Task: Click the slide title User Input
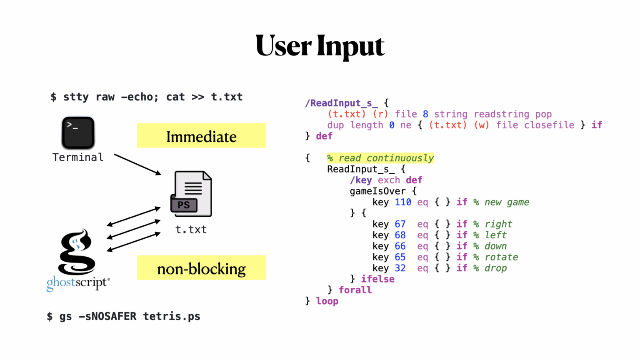pos(320,46)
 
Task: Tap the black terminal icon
pos(78,133)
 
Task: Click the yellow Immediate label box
pos(201,136)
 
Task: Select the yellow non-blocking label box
pos(201,268)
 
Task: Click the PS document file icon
pos(191,194)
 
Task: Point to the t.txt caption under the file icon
pos(191,230)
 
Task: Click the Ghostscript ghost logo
pos(77,252)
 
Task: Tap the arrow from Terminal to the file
pos(137,165)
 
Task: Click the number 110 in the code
pos(403,202)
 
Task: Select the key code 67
pos(400,224)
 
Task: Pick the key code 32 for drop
pos(400,268)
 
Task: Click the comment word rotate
pos(501,257)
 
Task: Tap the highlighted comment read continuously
pos(380,158)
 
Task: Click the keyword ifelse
pos(377,279)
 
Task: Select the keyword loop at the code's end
pos(327,301)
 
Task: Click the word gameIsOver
pos(377,191)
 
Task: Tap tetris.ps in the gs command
pos(172,317)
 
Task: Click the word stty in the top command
pos(76,97)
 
